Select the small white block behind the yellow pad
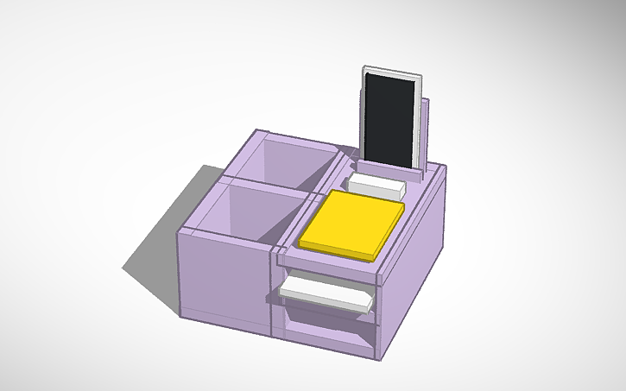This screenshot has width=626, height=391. click(377, 185)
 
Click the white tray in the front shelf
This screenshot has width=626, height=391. click(324, 292)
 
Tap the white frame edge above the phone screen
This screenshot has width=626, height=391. click(393, 72)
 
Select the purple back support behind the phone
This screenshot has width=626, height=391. click(428, 129)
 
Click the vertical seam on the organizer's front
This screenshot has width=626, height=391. click(273, 293)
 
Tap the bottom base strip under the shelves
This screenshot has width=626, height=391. click(328, 345)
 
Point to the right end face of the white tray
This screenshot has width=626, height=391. click(369, 303)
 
